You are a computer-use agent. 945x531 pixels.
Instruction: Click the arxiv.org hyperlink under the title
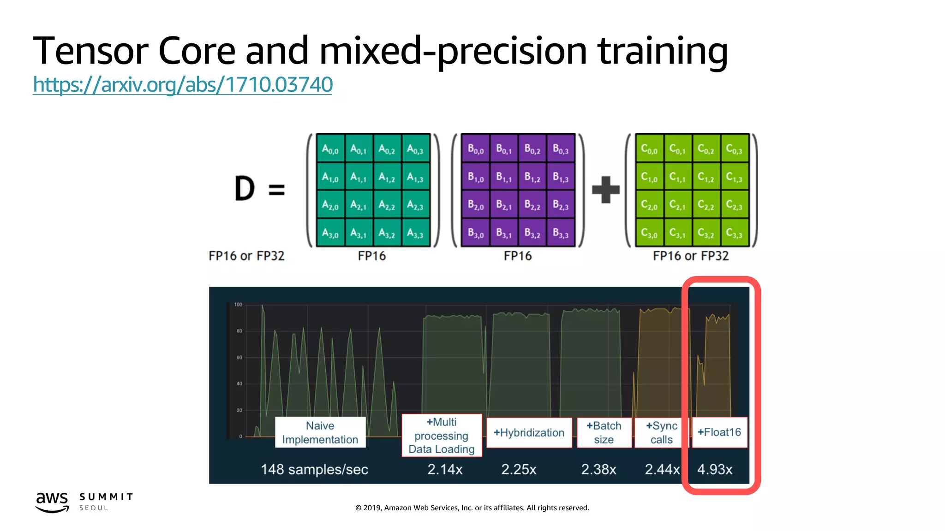(183, 85)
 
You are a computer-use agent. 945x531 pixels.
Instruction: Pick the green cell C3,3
(734, 233)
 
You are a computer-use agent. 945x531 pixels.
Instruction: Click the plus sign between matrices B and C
(605, 189)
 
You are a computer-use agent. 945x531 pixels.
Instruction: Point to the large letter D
(245, 189)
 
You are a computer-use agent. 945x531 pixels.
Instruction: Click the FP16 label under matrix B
(517, 256)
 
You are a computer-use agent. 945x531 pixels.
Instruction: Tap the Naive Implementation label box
(320, 432)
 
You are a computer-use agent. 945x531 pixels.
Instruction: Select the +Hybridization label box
(529, 433)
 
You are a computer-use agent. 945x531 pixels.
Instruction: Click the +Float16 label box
(719, 432)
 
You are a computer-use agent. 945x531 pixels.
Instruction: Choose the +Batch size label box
(604, 432)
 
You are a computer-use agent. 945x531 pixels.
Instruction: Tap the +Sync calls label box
(661, 432)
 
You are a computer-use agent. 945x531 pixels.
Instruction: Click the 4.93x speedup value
(715, 469)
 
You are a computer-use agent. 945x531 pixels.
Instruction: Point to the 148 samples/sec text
(314, 469)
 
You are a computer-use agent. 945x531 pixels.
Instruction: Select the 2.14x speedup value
(445, 469)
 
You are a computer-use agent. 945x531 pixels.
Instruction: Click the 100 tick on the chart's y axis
(238, 305)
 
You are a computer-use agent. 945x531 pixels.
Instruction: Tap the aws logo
(52, 501)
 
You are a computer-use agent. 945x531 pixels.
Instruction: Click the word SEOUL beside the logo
(94, 508)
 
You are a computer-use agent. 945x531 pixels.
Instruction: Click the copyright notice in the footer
(472, 508)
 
